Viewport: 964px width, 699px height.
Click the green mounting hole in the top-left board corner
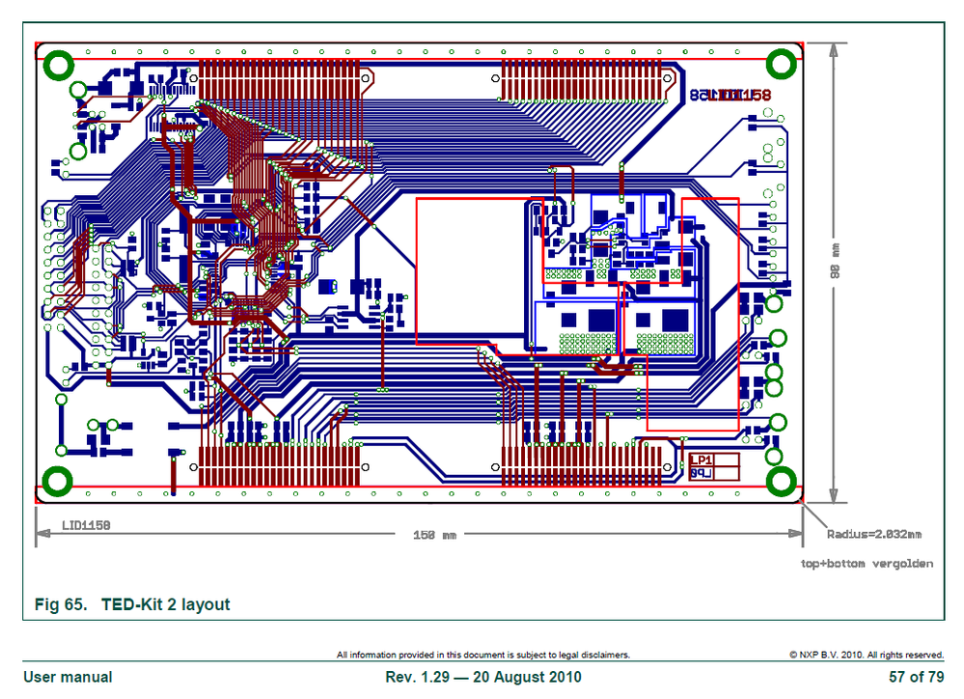tap(59, 66)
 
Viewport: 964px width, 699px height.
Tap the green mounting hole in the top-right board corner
tap(780, 65)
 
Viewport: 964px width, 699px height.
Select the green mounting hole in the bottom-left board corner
tap(59, 479)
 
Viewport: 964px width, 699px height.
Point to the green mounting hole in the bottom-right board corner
tap(780, 480)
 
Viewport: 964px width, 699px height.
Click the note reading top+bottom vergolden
tap(867, 563)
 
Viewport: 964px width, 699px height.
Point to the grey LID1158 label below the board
tap(86, 525)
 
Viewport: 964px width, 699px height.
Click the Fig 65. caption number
tap(62, 605)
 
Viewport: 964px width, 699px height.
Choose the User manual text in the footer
tap(68, 677)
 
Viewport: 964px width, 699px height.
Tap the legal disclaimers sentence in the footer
tap(482, 655)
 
